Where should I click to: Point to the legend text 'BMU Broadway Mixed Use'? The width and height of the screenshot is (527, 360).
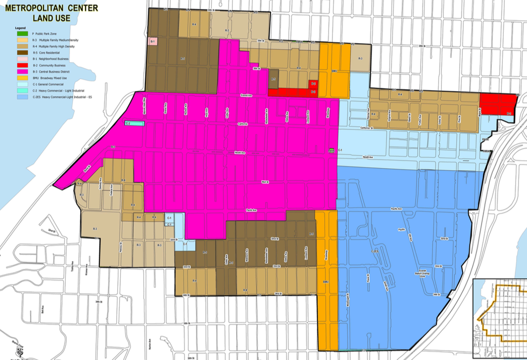(x=49, y=78)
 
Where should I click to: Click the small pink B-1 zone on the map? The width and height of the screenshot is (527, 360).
(x=153, y=41)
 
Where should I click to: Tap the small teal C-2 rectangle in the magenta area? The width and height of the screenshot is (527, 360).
(x=134, y=123)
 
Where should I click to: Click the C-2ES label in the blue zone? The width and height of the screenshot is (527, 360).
(x=375, y=252)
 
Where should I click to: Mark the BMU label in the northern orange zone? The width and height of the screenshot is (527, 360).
(x=335, y=71)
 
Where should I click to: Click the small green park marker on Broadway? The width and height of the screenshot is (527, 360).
(x=332, y=150)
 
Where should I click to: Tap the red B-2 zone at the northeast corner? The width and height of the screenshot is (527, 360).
(x=497, y=104)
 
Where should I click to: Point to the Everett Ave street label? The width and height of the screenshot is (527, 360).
(x=247, y=95)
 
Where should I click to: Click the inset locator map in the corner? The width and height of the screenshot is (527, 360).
(x=500, y=319)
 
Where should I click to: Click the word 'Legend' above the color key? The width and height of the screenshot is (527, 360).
(x=20, y=28)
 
